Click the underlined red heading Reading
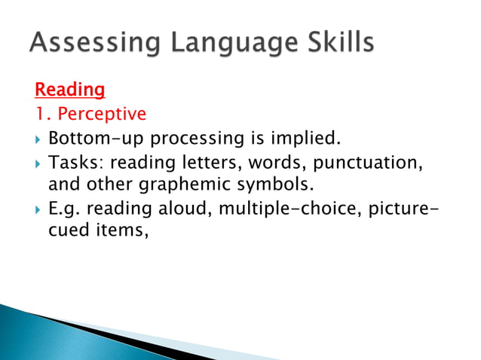click(x=69, y=90)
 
